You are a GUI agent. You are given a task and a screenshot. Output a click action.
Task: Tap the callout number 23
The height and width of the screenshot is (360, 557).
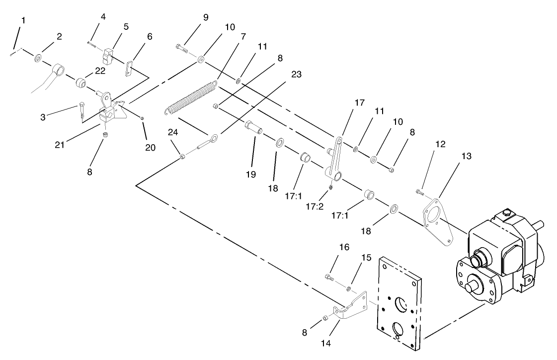[x=296, y=74]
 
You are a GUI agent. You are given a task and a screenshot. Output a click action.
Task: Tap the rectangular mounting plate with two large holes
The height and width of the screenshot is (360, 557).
[x=400, y=301]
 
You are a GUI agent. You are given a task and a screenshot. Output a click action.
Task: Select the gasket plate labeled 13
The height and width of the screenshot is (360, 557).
[x=437, y=219]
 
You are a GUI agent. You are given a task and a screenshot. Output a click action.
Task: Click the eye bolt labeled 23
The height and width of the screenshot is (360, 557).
[x=206, y=142]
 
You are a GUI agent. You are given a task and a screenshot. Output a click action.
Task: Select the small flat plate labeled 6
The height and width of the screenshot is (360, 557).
[x=129, y=68]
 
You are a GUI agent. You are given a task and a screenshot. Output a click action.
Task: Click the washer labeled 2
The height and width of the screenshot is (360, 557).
[x=38, y=59]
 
